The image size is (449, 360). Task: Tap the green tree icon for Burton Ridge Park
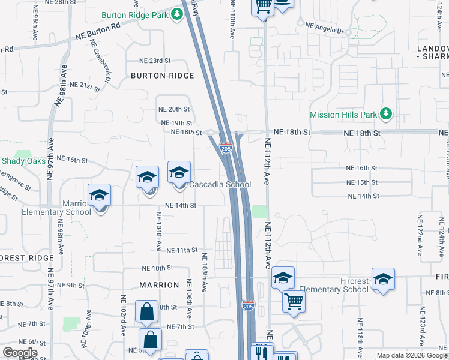[177, 13]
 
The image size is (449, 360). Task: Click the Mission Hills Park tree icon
[387, 113]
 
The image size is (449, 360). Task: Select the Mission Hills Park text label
[343, 114]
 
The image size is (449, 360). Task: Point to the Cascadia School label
[220, 184]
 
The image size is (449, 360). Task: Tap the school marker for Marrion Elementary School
[100, 196]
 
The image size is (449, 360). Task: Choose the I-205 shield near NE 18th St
[226, 146]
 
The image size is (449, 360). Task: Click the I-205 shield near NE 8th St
[249, 305]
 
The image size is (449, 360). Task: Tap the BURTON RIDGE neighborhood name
[163, 76]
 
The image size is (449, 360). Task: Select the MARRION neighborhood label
[159, 285]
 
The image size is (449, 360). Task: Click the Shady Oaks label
[23, 161]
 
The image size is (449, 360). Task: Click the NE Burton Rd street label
[98, 32]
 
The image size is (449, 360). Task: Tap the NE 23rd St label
[155, 61]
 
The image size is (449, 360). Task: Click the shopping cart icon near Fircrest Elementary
[293, 301]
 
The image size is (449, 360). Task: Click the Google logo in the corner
[20, 352]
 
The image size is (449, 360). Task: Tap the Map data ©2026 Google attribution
[411, 355]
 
